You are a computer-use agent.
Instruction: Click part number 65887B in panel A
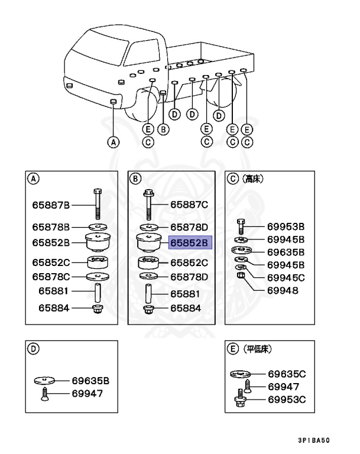51,205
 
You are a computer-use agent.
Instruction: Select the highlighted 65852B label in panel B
190,242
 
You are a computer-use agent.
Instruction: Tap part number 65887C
190,205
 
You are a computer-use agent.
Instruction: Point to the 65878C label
51,276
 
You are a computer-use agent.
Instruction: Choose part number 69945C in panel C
286,278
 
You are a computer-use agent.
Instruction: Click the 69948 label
283,291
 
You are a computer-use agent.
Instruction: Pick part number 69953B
286,226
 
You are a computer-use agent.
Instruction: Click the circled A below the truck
113,142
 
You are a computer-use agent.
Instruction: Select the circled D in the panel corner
34,349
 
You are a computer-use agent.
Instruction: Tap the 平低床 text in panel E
257,349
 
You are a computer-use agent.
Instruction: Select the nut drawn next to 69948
241,277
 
